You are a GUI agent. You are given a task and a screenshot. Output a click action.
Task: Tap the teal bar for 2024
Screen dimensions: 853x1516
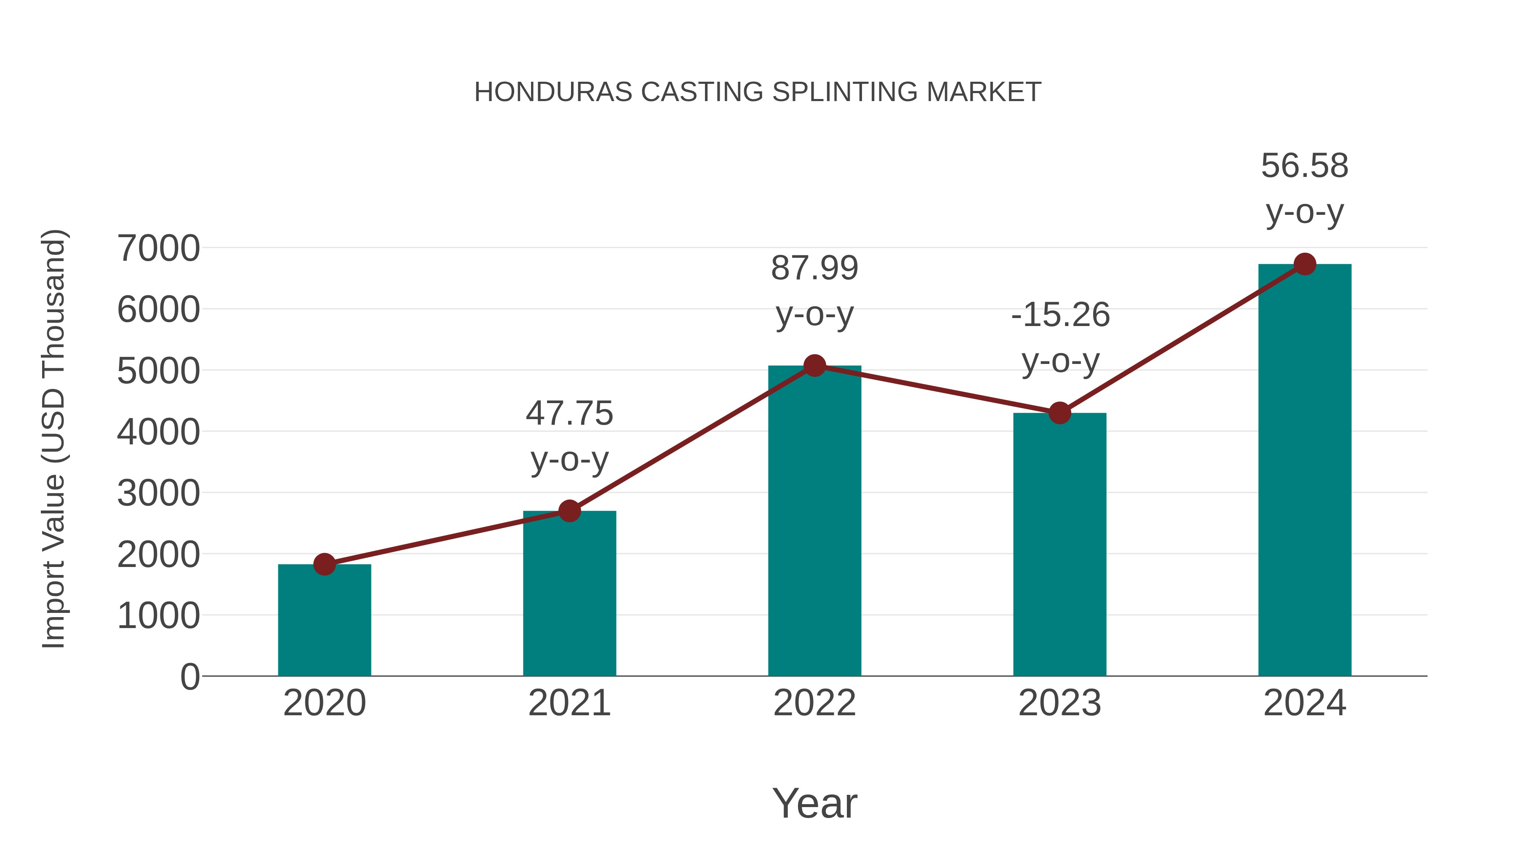[1305, 471]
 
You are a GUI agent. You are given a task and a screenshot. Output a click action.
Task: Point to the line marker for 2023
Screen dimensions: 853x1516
[1060, 413]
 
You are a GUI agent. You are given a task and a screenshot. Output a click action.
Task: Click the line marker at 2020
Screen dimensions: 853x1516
[324, 564]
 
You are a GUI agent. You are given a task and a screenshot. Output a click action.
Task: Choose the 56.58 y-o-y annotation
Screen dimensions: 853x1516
[1305, 188]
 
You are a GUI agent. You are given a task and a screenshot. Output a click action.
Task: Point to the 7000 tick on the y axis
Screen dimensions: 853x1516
[159, 249]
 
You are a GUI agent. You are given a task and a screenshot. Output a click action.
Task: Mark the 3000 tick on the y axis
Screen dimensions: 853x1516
[159, 493]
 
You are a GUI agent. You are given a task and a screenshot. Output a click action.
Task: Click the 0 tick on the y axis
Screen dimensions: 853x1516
[190, 677]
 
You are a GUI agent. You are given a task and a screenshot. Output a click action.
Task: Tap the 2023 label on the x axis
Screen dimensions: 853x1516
[1060, 703]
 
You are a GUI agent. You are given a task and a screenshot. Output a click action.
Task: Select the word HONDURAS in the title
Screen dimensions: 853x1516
[553, 92]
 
